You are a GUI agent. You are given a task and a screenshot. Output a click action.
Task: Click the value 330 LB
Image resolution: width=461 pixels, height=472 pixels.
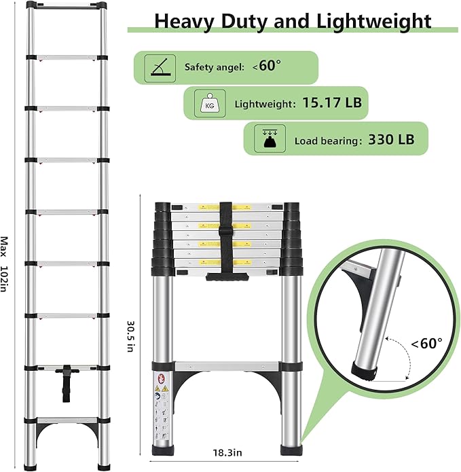391,141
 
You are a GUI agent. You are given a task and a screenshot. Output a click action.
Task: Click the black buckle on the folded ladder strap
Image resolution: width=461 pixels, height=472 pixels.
226,240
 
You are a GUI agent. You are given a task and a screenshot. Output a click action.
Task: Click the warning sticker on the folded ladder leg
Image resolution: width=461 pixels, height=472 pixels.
158,407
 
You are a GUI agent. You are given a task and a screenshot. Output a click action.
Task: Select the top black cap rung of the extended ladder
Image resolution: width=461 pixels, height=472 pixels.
67,5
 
